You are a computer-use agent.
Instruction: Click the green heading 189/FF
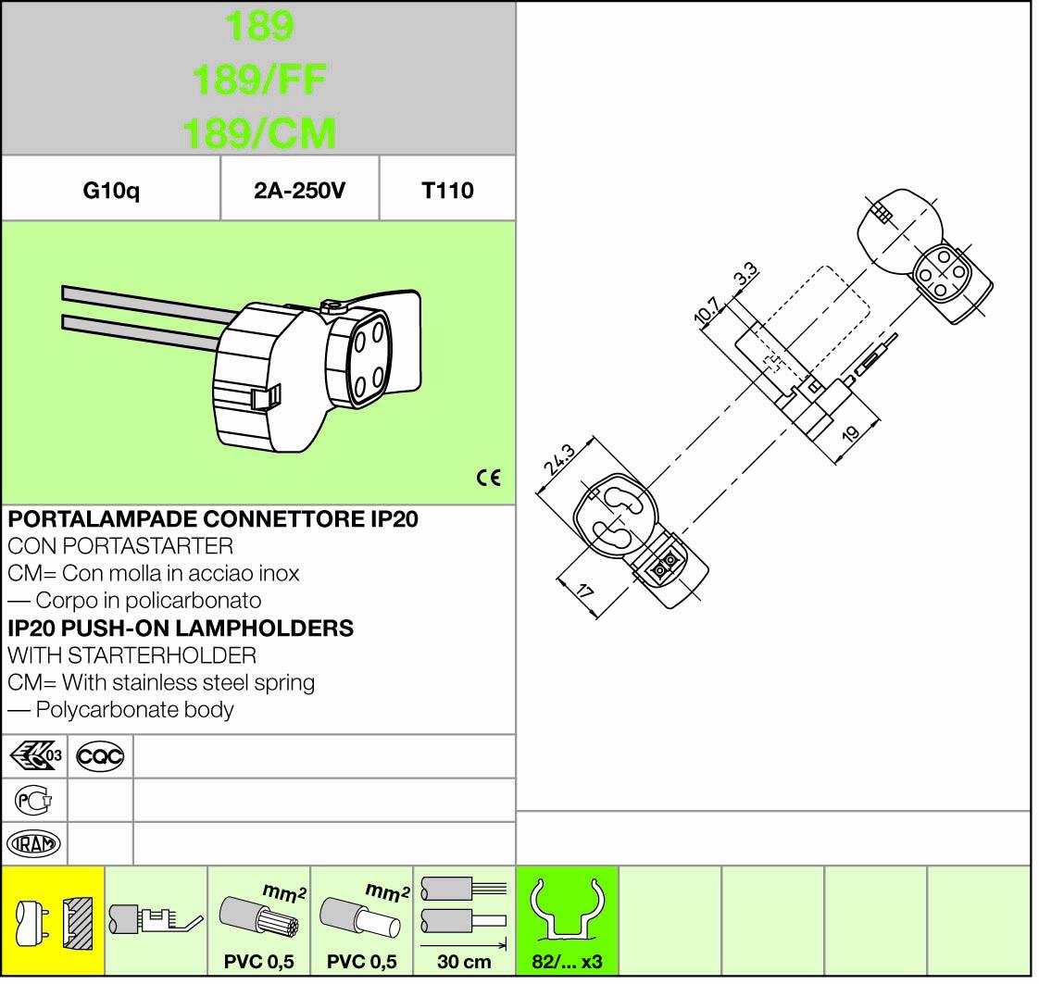[x=259, y=80]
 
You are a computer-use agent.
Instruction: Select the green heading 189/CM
[x=259, y=132]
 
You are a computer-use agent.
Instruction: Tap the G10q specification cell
[x=111, y=191]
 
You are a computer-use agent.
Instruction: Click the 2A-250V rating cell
[x=299, y=191]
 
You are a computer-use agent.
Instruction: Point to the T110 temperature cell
[x=447, y=191]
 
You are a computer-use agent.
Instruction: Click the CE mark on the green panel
[x=489, y=478]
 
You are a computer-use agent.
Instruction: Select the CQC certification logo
[x=100, y=756]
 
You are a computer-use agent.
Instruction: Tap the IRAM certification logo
[x=33, y=844]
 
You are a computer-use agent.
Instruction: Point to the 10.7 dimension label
[x=707, y=309]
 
